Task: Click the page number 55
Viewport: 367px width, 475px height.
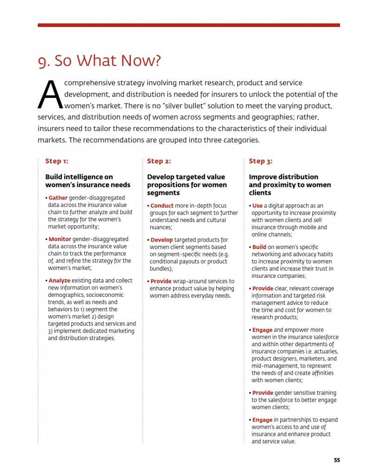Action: [x=337, y=460]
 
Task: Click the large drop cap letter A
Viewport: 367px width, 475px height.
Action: [x=50, y=95]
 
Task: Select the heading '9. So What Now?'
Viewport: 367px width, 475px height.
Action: [x=99, y=61]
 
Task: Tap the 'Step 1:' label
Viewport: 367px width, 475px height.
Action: [x=57, y=161]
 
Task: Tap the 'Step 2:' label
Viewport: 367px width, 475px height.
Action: [x=159, y=161]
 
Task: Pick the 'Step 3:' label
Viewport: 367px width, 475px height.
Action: [x=260, y=161]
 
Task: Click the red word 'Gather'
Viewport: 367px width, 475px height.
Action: [x=58, y=198]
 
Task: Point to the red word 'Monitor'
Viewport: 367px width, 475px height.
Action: [x=60, y=239]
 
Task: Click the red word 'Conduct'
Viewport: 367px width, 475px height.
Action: [x=162, y=205]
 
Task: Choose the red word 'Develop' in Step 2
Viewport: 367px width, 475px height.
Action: [x=161, y=240]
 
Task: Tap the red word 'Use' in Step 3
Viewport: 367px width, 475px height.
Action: [x=258, y=205]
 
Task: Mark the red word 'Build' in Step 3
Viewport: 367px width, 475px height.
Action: [x=259, y=247]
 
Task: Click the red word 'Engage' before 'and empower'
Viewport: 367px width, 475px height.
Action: [x=262, y=330]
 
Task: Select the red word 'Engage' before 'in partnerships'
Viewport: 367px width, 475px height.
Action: [x=262, y=420]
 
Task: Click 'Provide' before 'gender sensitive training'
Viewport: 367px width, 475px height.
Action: [x=263, y=393]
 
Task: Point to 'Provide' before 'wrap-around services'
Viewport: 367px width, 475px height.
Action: [x=161, y=281]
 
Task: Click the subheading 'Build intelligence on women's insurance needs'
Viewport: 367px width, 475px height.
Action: [x=88, y=181]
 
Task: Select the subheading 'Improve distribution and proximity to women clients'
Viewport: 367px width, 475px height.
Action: [x=290, y=185]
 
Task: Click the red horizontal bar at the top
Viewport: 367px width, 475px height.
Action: [x=188, y=25]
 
